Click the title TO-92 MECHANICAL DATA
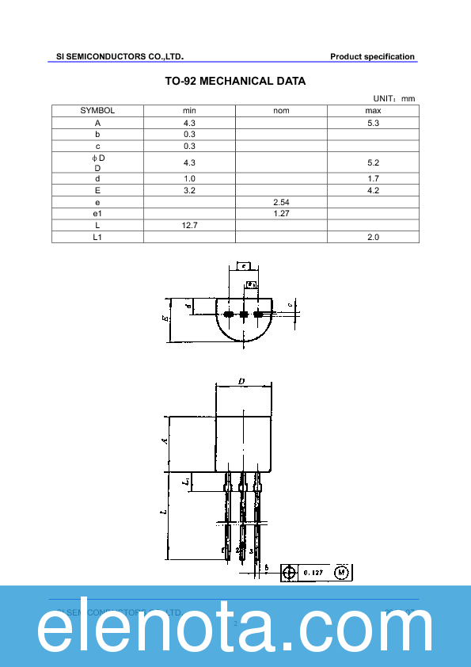click(x=235, y=81)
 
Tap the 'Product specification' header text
click(x=372, y=56)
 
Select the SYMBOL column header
click(x=97, y=111)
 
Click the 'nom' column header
click(x=281, y=111)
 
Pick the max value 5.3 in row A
click(x=374, y=123)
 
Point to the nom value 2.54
click(x=281, y=203)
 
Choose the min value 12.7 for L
click(x=189, y=226)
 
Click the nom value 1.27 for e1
click(x=281, y=214)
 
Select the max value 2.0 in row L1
click(x=374, y=237)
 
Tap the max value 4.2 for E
click(x=374, y=191)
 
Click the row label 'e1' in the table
click(x=97, y=214)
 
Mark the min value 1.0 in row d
click(x=189, y=179)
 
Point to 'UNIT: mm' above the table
click(x=393, y=98)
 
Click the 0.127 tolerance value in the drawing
click(x=314, y=572)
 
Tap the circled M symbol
click(x=342, y=572)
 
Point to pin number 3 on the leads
click(x=251, y=550)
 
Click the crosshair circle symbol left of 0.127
click(x=290, y=572)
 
